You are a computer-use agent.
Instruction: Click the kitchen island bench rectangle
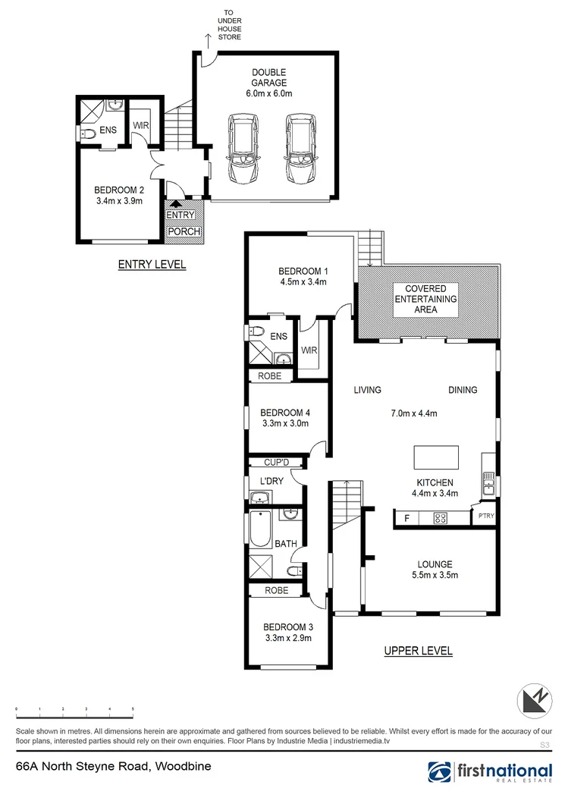[436, 458]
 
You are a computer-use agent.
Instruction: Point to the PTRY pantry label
[485, 517]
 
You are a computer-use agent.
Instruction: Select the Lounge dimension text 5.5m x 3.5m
[435, 574]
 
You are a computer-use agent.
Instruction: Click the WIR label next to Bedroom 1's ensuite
[308, 350]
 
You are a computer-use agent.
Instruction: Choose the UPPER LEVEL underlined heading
[418, 651]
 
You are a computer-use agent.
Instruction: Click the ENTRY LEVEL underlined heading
[152, 265]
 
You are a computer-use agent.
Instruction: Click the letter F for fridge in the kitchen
[406, 519]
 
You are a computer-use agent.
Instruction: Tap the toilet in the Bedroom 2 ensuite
[88, 134]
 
